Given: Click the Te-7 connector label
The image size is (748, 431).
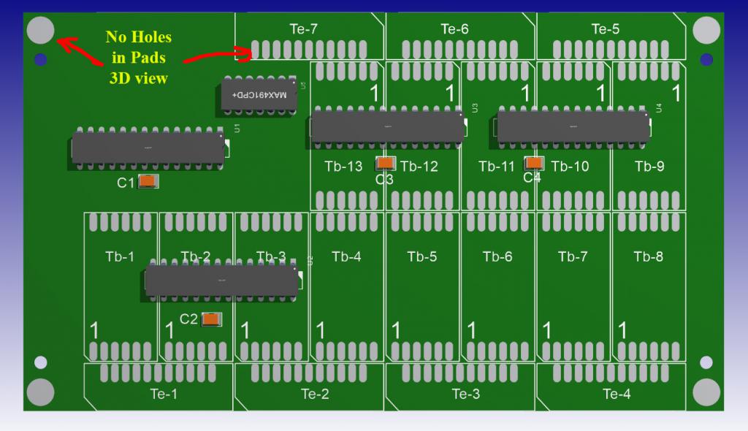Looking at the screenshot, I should pyautogui.click(x=304, y=29).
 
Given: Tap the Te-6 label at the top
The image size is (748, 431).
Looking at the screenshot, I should pyautogui.click(x=454, y=29).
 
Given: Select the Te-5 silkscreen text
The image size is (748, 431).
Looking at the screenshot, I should pyautogui.click(x=605, y=29).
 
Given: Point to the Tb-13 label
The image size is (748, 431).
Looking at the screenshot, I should pyautogui.click(x=343, y=167).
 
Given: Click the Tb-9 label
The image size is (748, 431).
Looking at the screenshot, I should pyautogui.click(x=649, y=167).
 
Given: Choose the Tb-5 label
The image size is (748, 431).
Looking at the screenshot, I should pyautogui.click(x=422, y=256).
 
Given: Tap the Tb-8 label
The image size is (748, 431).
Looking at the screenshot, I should pyautogui.click(x=649, y=256).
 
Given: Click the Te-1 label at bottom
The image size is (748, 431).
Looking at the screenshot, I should pyautogui.click(x=164, y=394).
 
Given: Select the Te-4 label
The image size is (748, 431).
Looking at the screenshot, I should pyautogui.click(x=617, y=394).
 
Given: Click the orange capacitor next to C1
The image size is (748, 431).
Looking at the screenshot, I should pyautogui.click(x=148, y=182).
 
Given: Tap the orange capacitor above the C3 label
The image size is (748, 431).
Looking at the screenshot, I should pyautogui.click(x=386, y=164).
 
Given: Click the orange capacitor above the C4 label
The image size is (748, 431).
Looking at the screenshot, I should pyautogui.click(x=535, y=164).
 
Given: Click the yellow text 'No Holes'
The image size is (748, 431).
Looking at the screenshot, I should pyautogui.click(x=139, y=37).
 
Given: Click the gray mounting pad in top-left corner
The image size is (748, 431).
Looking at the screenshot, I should pyautogui.click(x=40, y=30).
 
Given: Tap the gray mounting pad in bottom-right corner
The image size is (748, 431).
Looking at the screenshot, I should pyautogui.click(x=706, y=393).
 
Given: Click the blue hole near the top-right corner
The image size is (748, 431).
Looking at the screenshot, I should pyautogui.click(x=706, y=59).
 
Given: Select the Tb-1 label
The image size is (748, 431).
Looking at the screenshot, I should pyautogui.click(x=120, y=256).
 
